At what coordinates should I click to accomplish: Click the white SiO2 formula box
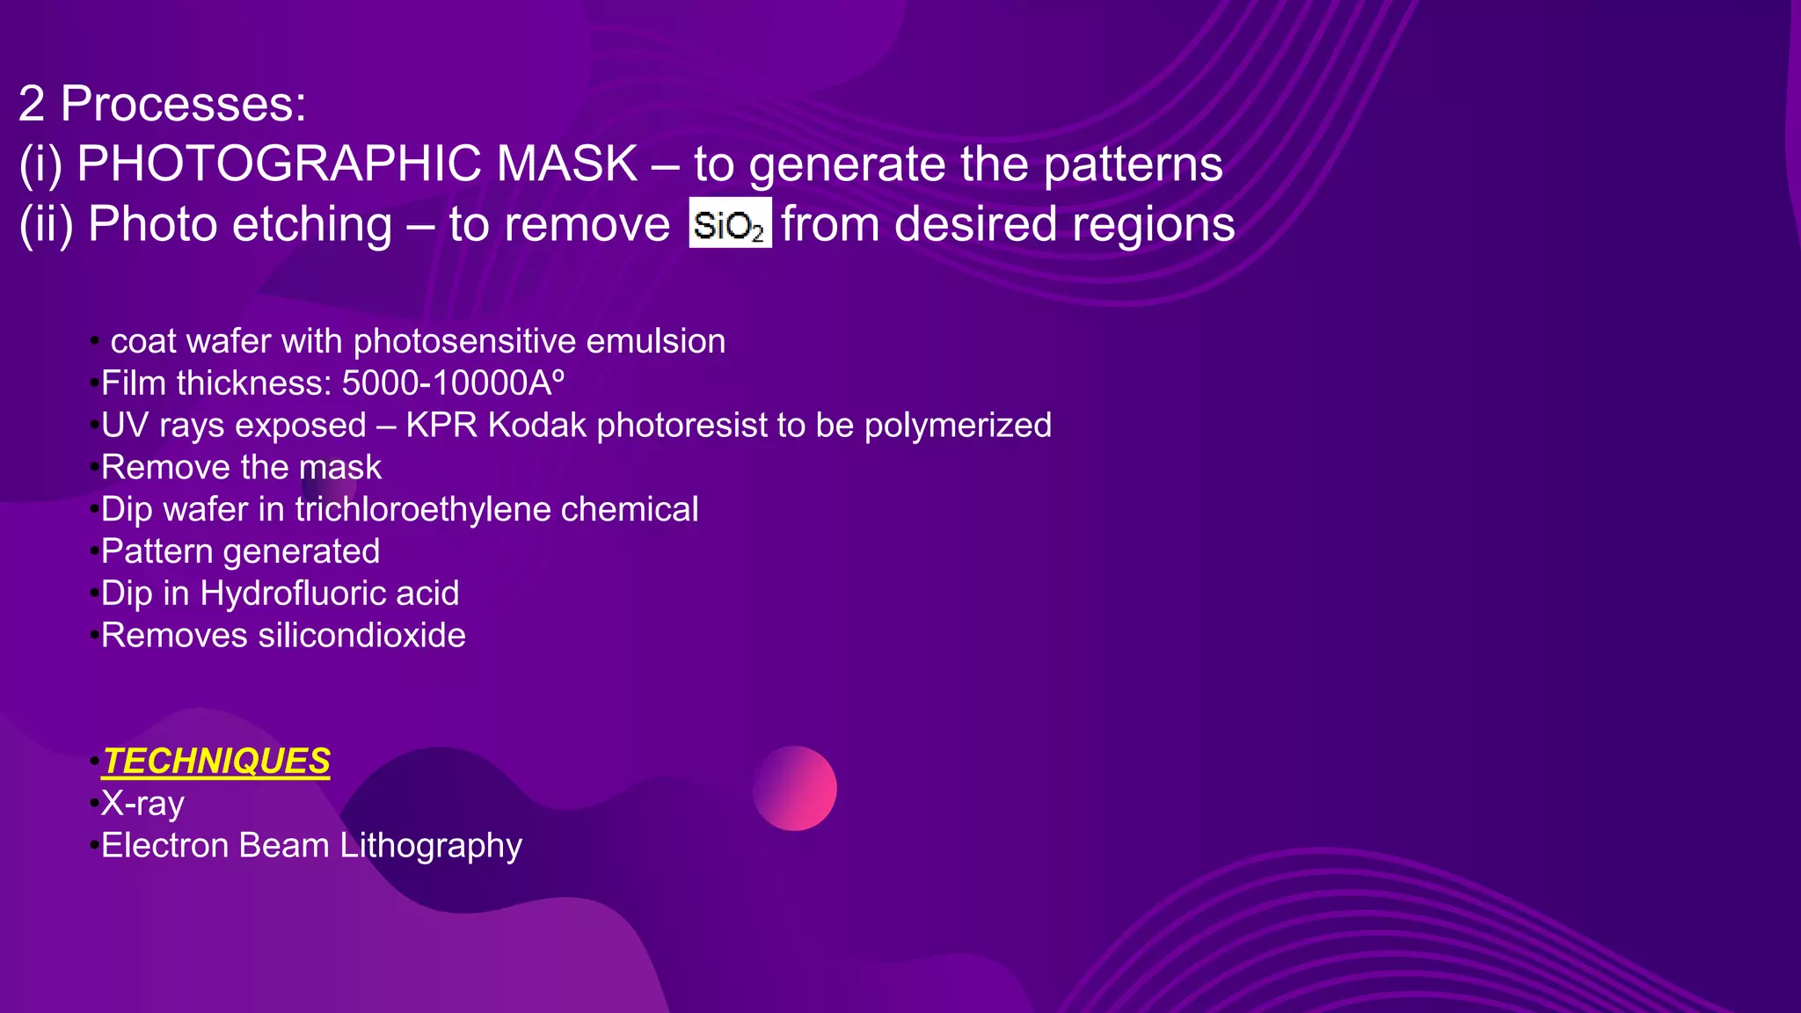click(730, 223)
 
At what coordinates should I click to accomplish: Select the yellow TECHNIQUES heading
click(216, 762)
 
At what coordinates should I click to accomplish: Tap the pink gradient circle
click(794, 788)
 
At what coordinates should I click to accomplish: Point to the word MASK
click(567, 164)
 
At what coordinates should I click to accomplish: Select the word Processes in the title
click(183, 104)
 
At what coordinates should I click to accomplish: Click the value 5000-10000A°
click(453, 383)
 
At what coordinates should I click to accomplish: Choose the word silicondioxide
click(361, 636)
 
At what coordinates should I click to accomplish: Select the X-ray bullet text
click(142, 804)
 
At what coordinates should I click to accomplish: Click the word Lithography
click(431, 846)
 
